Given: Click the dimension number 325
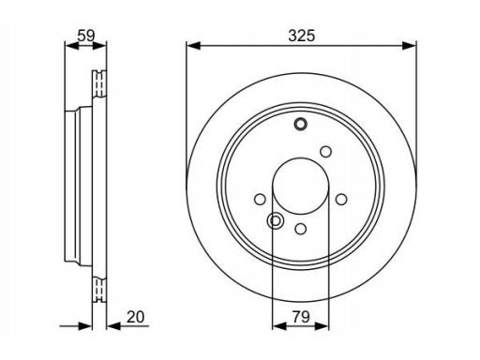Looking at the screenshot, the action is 302,36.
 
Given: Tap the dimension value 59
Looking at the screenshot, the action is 86,36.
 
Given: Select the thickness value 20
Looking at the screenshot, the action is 136,317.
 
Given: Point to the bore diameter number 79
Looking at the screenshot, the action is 301,317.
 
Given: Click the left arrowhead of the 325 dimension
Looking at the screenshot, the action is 193,46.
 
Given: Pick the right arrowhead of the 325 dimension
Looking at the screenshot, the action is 410,46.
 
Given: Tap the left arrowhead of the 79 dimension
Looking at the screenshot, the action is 279,326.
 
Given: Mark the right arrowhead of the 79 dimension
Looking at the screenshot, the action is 322,326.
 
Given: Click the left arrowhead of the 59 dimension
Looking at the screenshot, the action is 71,46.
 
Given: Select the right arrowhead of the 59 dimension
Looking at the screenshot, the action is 99,46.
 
